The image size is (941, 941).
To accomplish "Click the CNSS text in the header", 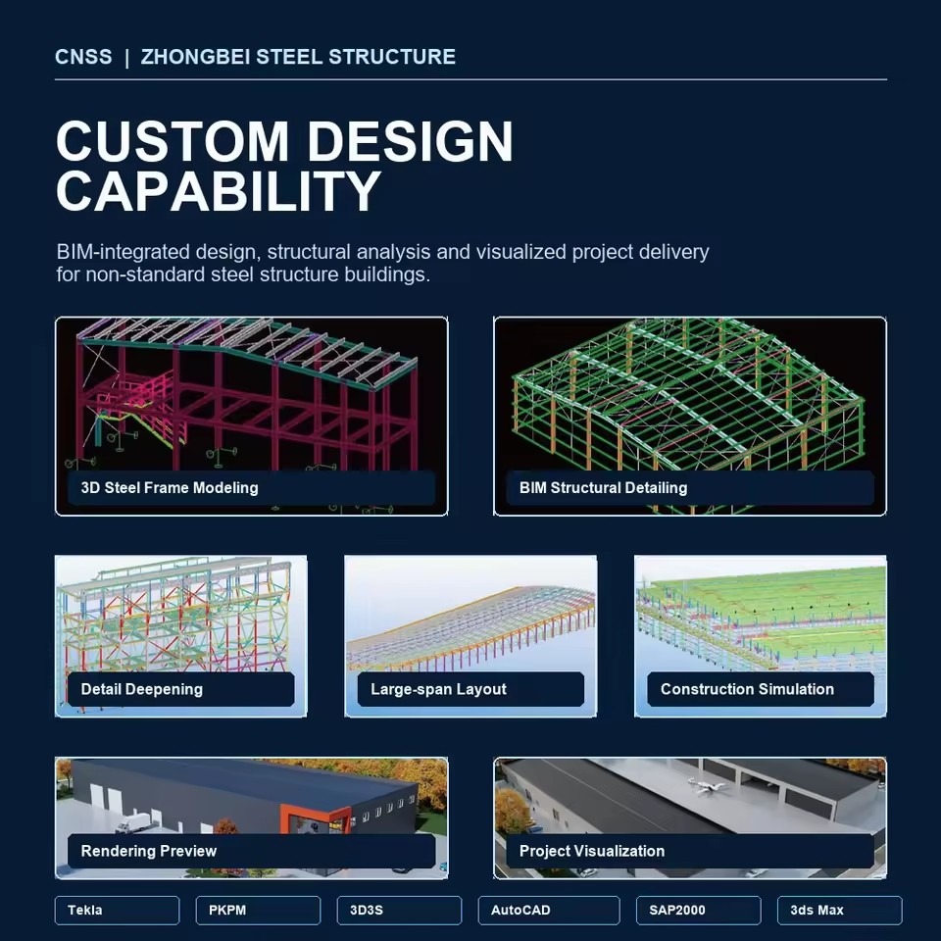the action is pos(83,57).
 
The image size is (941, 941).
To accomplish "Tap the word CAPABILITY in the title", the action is pos(219,190).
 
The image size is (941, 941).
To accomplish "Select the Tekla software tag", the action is pos(117,910).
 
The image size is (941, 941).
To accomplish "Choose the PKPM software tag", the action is pos(258,910).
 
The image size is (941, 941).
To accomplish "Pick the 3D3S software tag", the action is pos(399,910).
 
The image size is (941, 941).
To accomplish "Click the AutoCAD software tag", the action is pos(549,910).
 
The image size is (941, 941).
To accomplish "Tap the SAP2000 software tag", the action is pos(699,910).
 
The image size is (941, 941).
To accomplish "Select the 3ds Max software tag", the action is pos(840,910).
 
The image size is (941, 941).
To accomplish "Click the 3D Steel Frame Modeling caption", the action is pos(170,487).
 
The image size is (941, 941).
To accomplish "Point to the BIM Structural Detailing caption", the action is pos(603,487).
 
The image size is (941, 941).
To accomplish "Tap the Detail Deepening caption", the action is pos(141,689).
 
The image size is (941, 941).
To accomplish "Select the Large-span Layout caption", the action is pos(439,689).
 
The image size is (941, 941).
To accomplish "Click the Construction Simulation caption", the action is pos(747,689).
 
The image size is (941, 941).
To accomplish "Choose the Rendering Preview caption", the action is pos(149,851).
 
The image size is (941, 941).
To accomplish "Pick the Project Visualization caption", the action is pos(592,851).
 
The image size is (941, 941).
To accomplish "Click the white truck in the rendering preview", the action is pos(132,822).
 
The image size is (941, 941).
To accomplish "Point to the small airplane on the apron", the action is pos(707,785).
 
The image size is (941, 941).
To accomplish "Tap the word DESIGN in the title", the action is pos(411,141).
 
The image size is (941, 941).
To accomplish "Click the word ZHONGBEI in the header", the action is pos(196,57).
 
